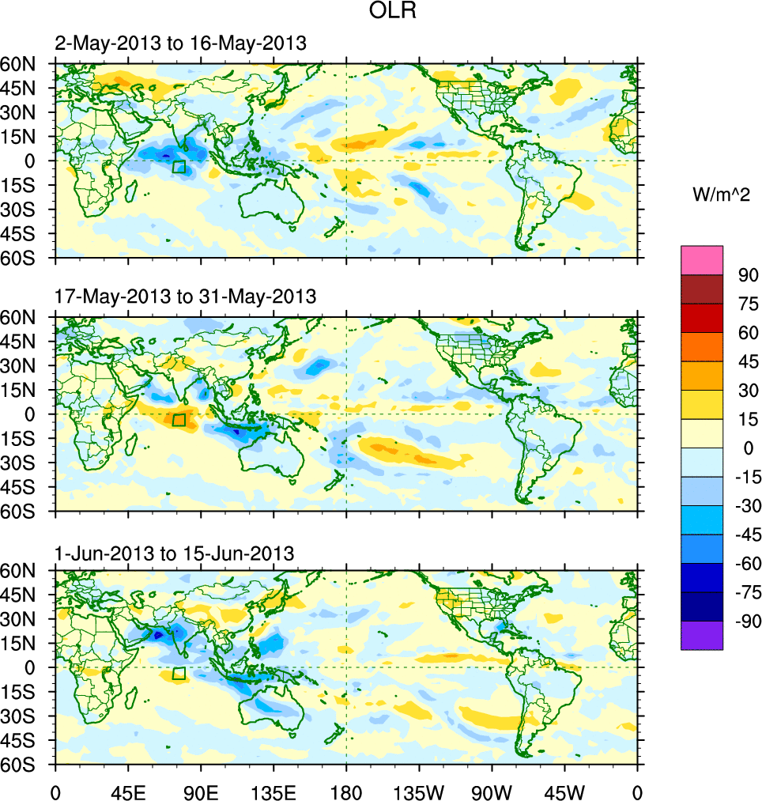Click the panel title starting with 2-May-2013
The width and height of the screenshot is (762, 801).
pos(180,43)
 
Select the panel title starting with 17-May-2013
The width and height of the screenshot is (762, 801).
pos(186,297)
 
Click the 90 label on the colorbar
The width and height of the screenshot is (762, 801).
pos(748,275)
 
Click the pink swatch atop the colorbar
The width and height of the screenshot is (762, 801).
pos(702,259)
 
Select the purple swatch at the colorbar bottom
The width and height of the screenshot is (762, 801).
pos(702,635)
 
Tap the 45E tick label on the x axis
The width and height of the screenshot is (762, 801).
pos(127,791)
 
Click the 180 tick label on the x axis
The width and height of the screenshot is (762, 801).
pos(346,791)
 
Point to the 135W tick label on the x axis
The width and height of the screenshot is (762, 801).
pos(419,791)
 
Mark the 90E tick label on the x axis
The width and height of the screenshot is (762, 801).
pos(201,791)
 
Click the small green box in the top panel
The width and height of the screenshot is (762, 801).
pos(179,167)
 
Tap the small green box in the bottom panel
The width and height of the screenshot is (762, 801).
pos(179,673)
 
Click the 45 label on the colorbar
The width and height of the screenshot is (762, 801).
pos(748,361)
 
